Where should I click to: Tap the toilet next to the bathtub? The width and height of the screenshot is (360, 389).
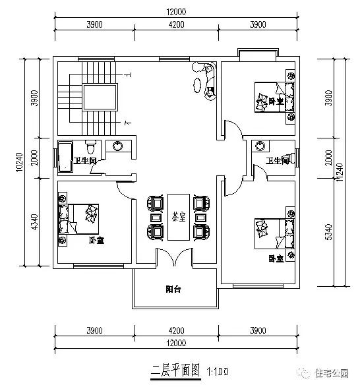coord(90,146)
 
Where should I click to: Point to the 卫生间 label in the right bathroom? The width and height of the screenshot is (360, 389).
coord(278,161)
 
